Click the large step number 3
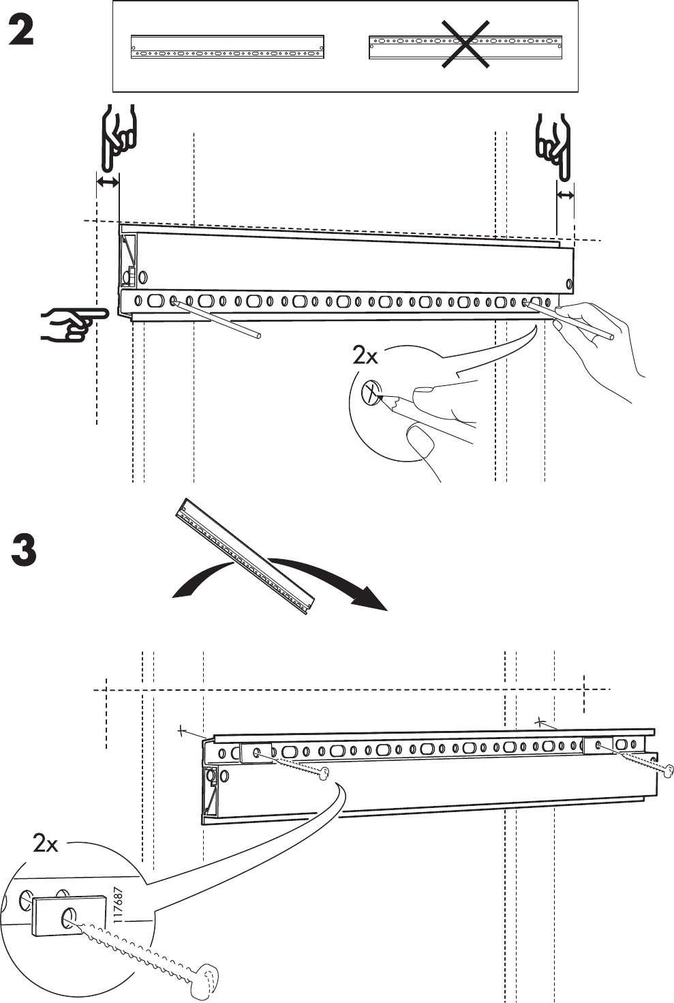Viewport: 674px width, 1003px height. (x=25, y=550)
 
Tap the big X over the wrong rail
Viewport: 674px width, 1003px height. (x=465, y=44)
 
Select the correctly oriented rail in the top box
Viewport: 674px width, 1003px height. (x=227, y=46)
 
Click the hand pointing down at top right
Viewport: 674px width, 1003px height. (x=554, y=145)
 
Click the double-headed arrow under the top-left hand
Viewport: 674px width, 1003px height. (x=108, y=182)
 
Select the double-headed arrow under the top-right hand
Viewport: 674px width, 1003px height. (x=565, y=196)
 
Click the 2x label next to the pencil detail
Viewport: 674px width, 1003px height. (x=365, y=355)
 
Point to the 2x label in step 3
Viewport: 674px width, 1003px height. (x=46, y=844)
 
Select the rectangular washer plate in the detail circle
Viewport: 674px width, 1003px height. (x=68, y=916)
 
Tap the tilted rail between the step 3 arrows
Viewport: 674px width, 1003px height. (x=247, y=554)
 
